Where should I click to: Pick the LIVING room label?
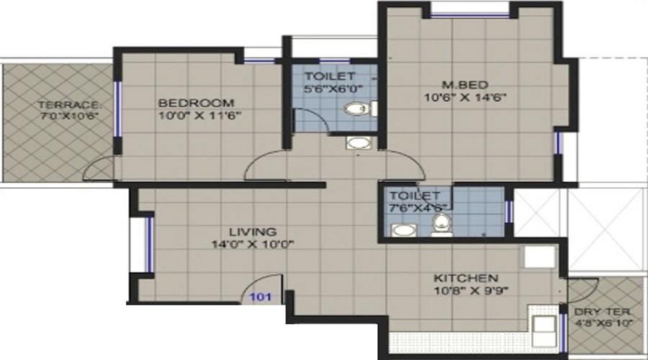point(253,232)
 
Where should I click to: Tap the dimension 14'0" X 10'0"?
point(253,244)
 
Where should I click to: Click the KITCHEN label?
point(465,278)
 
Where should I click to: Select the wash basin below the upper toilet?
point(356,142)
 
